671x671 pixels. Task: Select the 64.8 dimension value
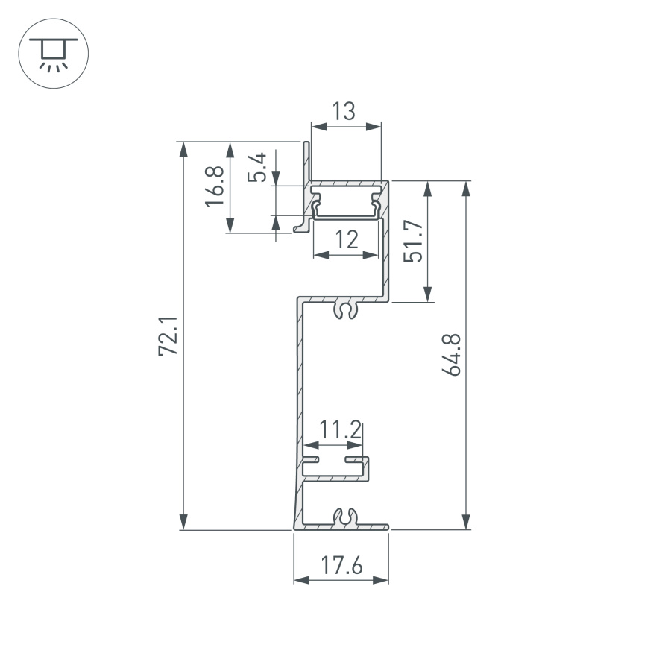tap(454, 355)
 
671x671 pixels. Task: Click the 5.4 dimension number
tap(258, 167)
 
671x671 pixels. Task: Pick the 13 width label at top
tap(344, 112)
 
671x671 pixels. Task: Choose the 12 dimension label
tap(346, 239)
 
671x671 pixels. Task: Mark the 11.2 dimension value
tap(341, 430)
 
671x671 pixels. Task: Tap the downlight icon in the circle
tap(53, 53)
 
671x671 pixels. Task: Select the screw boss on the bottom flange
tap(344, 517)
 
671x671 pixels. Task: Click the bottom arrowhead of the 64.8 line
tap(467, 523)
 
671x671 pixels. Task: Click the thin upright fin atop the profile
tap(306, 160)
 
